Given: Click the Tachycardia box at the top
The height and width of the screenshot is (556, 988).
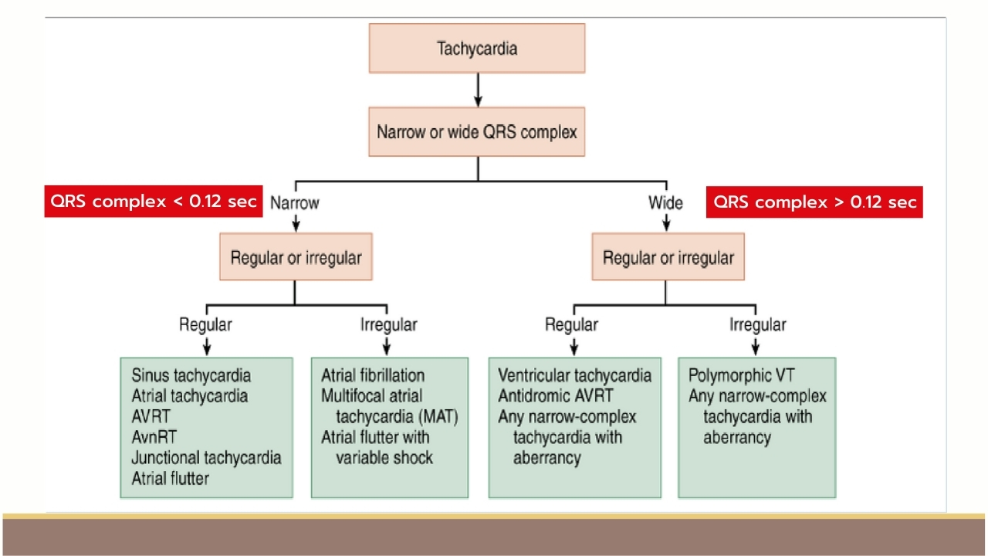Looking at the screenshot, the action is click(477, 48).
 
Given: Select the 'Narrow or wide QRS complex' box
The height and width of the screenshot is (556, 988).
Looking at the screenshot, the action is click(477, 131).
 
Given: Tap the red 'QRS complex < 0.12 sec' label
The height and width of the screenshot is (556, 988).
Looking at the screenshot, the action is click(154, 202).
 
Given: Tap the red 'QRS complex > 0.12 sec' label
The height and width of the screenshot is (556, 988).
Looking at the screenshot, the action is click(814, 202).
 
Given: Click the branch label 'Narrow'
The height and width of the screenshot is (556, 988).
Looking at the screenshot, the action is click(295, 203).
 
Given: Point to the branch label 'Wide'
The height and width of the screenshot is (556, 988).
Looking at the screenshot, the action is click(665, 203).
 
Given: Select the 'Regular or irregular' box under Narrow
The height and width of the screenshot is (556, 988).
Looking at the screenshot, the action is click(296, 257).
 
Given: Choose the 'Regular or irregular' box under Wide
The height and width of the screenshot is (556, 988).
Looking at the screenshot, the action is click(668, 257).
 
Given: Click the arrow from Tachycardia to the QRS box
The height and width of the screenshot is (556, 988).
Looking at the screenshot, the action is click(478, 90).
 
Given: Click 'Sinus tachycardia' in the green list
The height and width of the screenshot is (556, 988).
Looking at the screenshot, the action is click(191, 375).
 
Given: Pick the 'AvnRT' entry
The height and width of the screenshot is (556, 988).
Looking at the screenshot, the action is click(154, 437).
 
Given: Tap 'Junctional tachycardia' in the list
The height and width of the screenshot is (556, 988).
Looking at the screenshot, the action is click(206, 458).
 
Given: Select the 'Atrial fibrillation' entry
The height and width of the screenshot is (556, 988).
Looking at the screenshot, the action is click(373, 375).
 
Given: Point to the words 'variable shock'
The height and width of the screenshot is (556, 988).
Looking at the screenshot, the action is click(384, 458).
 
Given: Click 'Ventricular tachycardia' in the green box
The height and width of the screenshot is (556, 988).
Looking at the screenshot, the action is click(574, 375).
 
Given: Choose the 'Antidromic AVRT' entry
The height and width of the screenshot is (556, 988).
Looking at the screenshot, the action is click(555, 396).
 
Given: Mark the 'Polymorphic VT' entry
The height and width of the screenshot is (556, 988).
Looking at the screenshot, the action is click(741, 375).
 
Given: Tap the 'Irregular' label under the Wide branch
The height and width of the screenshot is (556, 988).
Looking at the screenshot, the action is click(757, 325).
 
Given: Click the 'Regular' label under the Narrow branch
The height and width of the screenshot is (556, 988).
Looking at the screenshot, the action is click(205, 325).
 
